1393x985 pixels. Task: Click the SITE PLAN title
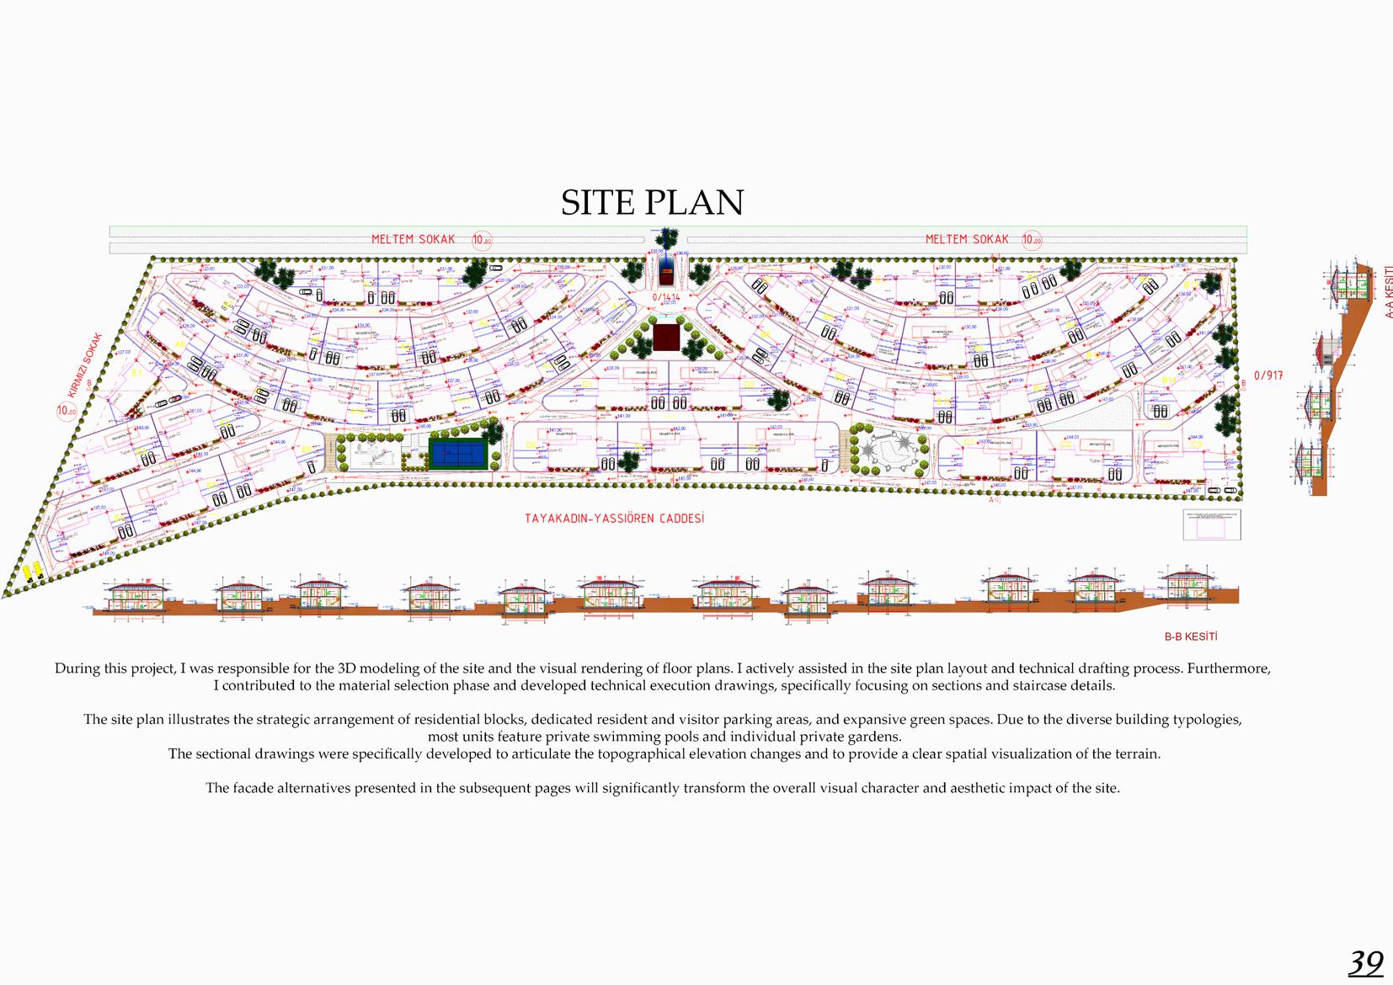tap(653, 203)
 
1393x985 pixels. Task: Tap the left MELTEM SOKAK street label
tap(413, 240)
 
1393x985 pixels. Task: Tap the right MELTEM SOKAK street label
tap(966, 240)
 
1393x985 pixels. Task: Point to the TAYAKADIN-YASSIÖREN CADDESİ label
tap(614, 519)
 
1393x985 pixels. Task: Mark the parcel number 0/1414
tap(665, 297)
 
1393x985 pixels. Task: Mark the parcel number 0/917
tap(1268, 375)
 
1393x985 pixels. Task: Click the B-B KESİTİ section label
tap(1191, 637)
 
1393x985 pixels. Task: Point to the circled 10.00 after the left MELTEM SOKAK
tap(482, 241)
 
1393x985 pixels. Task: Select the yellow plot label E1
tap(135, 371)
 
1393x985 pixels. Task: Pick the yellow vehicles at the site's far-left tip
tap(32, 572)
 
